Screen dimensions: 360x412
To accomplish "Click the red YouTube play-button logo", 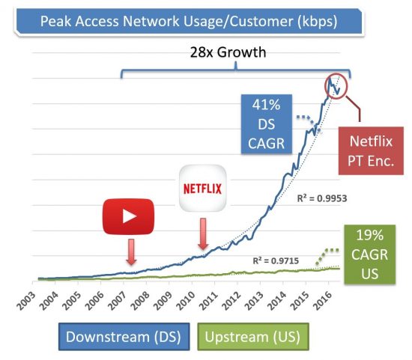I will [129, 216].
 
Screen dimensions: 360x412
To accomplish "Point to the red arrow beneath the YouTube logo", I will [131, 252].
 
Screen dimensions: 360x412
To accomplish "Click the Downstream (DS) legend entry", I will [123, 336].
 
